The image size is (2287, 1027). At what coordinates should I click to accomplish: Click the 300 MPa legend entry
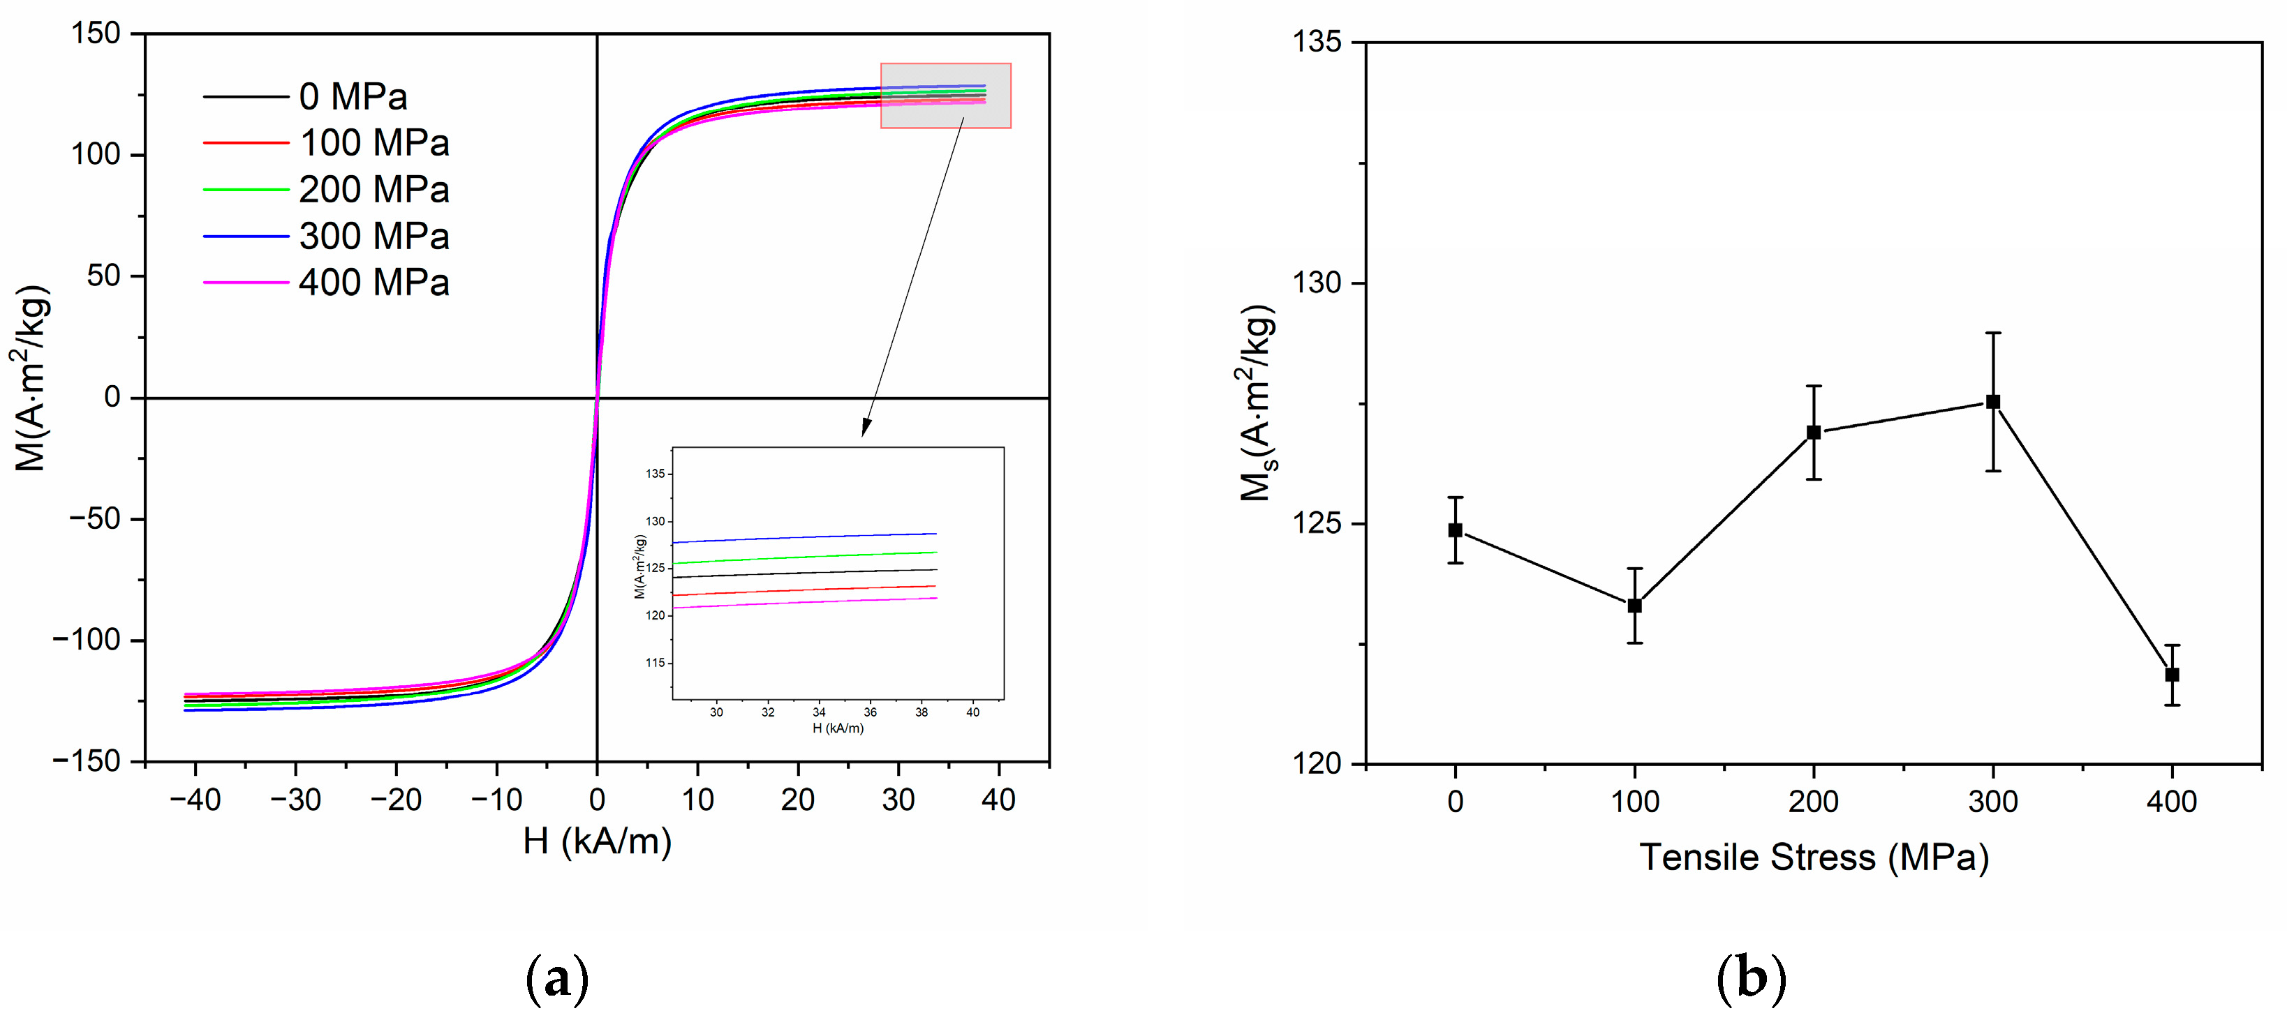pos(373,236)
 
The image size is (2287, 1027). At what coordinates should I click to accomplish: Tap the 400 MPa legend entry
pos(373,283)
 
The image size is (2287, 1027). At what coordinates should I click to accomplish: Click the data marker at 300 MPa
pos(1993,402)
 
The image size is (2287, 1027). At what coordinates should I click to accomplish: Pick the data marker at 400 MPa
pos(2173,675)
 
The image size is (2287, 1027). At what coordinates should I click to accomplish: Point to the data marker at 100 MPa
pos(1634,606)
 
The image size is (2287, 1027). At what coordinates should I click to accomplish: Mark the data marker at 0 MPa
pos(1455,530)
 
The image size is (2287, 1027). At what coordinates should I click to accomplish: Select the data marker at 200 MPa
pos(1814,433)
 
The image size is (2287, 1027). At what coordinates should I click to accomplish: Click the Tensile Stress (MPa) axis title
pos(1814,857)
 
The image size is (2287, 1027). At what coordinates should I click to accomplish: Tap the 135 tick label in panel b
pos(1317,42)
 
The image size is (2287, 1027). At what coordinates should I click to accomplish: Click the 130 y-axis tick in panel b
pos(1317,283)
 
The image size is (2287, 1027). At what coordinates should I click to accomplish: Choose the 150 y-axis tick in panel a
pos(95,33)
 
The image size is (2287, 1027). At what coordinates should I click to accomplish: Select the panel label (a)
pos(558,979)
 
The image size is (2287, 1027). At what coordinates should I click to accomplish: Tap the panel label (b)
pos(1751,979)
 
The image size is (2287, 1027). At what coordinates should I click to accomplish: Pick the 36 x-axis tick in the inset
pos(870,712)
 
